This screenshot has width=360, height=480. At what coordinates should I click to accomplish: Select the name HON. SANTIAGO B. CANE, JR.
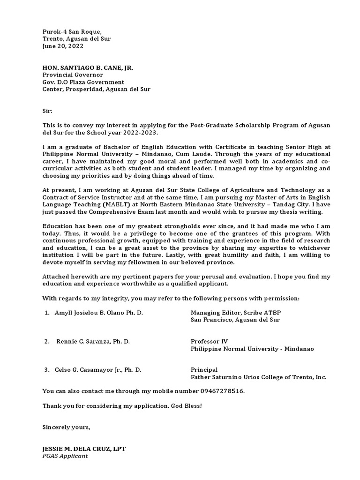click(x=88, y=67)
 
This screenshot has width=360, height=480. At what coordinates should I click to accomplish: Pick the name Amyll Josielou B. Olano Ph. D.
click(x=99, y=312)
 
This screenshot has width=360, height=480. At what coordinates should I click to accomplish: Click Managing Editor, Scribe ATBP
click(x=236, y=312)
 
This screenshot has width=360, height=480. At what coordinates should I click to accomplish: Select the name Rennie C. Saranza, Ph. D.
click(x=93, y=341)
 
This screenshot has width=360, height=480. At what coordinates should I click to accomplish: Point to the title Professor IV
click(x=209, y=341)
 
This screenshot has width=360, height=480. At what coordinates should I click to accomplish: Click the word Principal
click(x=204, y=370)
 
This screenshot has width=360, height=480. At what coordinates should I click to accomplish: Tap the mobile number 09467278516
click(x=219, y=391)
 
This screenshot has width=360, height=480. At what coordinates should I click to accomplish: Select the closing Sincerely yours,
click(x=66, y=427)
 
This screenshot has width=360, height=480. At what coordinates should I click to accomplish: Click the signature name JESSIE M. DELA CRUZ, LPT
click(x=84, y=449)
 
